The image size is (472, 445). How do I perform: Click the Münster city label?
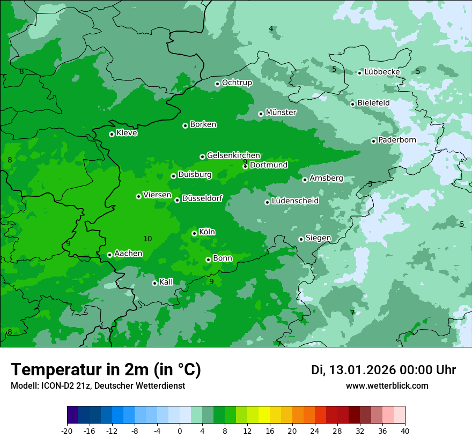point(281,113)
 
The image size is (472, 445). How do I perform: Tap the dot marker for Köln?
point(195,233)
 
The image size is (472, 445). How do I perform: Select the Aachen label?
point(128,254)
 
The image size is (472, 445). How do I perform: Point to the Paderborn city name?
point(397,140)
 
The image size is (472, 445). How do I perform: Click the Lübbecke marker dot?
point(360,73)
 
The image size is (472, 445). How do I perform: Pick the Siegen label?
point(318,238)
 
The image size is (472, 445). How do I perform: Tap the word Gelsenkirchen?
point(233,155)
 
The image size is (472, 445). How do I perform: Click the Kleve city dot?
point(112,134)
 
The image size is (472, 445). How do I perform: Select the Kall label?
point(166,282)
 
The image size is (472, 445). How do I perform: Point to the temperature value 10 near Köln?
point(147,239)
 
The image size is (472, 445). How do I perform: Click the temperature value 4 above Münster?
point(271,28)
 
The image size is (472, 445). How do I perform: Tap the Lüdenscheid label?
point(295,201)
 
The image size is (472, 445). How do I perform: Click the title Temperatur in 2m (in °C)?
point(106,369)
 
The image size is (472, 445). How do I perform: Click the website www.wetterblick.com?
point(387,386)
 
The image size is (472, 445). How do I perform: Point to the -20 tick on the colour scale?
point(67,431)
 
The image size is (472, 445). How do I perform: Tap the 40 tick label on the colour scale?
point(405,431)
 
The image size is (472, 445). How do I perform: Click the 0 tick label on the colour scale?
point(180,431)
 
